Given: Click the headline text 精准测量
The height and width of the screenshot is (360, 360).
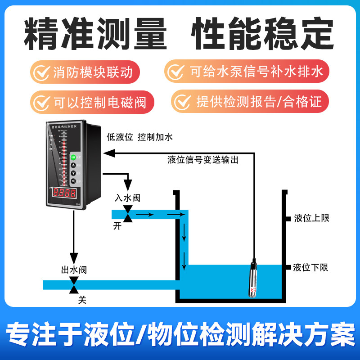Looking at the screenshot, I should [95, 34].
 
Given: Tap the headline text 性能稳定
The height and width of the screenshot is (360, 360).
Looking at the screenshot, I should [263, 34].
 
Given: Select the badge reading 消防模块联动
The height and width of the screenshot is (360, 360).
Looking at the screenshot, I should [85, 72].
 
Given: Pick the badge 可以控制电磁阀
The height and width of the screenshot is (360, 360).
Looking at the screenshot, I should [92, 102].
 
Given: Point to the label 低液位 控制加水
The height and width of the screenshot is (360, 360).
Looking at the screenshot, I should [139, 137].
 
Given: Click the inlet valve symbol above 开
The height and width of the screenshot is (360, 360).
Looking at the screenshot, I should [128, 214].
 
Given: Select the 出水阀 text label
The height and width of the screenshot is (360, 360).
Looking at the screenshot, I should [74, 270].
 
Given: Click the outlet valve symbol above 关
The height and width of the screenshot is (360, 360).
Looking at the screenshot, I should [74, 285].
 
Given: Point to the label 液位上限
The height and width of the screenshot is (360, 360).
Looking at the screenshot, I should [311, 218].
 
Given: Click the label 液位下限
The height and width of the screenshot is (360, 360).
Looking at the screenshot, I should [310, 268].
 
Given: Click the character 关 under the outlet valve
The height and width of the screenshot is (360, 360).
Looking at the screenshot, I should [82, 299].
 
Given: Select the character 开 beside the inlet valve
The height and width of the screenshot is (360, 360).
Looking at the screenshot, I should [117, 226].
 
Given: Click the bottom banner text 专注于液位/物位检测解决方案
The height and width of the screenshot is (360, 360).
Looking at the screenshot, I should [180, 333].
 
